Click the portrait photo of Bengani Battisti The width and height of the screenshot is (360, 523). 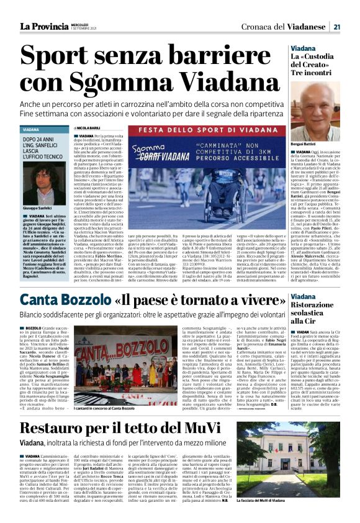pos(315,111)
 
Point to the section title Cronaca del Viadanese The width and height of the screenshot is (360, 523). pos(291,26)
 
